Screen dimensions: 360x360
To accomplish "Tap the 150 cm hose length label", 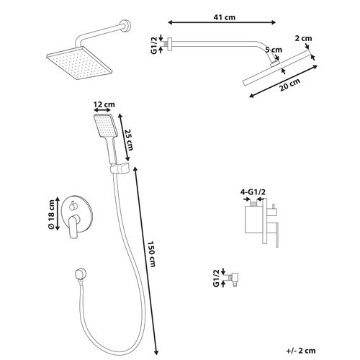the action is (x=151, y=254).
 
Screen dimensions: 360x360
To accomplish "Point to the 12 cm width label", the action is (x=104, y=104).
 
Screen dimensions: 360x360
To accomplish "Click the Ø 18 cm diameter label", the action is (x=51, y=215).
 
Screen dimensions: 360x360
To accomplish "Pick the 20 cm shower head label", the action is (x=289, y=85).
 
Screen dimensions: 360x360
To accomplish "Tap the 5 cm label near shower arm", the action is (x=274, y=50).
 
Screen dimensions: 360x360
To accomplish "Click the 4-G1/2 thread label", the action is (x=253, y=192).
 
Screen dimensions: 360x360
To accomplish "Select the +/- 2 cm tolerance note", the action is (x=301, y=351).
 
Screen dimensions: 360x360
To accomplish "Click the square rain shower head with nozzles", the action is (x=79, y=63).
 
